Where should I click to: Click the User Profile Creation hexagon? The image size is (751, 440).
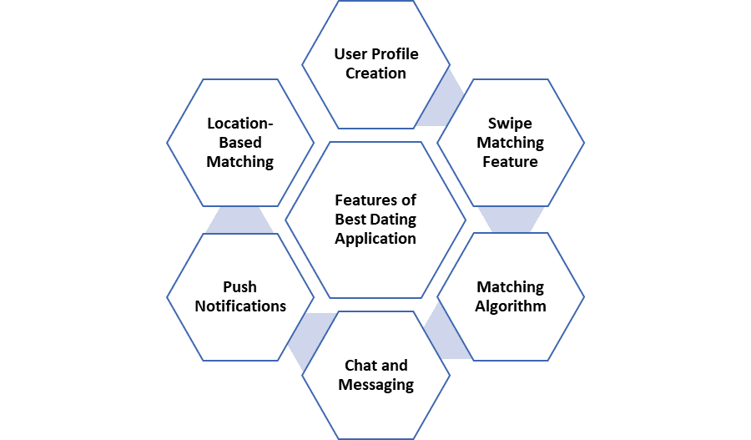(x=375, y=64)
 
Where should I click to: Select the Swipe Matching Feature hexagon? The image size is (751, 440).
(x=510, y=143)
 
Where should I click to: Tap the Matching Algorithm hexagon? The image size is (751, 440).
(x=510, y=296)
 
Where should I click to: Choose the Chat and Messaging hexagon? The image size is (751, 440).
(x=375, y=375)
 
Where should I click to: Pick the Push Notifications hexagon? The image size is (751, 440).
(x=240, y=296)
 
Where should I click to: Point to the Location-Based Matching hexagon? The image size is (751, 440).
(x=240, y=143)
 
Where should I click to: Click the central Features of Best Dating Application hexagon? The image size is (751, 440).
(x=375, y=220)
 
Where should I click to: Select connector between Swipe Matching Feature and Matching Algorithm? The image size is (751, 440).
(x=510, y=220)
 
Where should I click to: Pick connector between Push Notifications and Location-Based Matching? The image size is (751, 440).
(x=240, y=220)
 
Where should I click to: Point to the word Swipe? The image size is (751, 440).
(x=510, y=124)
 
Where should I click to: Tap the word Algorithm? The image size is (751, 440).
(x=510, y=306)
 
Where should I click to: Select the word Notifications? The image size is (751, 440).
(x=240, y=306)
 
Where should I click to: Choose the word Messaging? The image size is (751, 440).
(x=375, y=385)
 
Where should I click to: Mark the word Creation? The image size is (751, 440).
(x=375, y=73)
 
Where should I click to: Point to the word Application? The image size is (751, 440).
(x=375, y=239)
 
